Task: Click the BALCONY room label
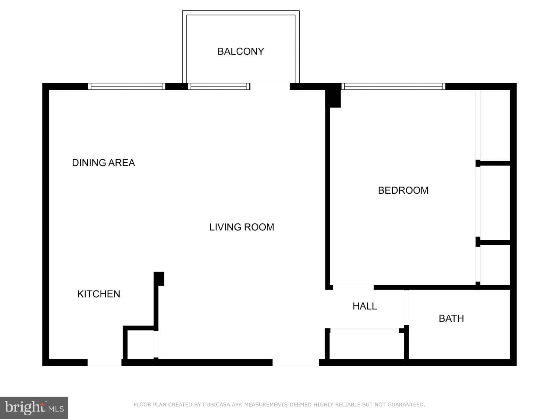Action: pyautogui.click(x=241, y=51)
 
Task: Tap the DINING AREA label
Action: pyautogui.click(x=103, y=163)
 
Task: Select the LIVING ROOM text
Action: pyautogui.click(x=241, y=227)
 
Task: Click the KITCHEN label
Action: pyautogui.click(x=99, y=294)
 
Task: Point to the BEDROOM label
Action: pyautogui.click(x=403, y=190)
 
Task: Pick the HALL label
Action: pyautogui.click(x=365, y=306)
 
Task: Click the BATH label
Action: pyautogui.click(x=451, y=318)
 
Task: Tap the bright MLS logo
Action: pyautogui.click(x=34, y=408)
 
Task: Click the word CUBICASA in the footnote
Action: pyautogui.click(x=217, y=404)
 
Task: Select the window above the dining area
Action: pyautogui.click(x=127, y=86)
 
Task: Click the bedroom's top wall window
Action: pyautogui.click(x=393, y=86)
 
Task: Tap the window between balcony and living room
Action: pyautogui.click(x=219, y=86)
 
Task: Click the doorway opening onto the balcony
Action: pyautogui.click(x=270, y=86)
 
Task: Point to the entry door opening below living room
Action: pyautogui.click(x=296, y=362)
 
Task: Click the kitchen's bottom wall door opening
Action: pyautogui.click(x=104, y=362)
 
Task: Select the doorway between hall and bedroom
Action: pyautogui.click(x=353, y=287)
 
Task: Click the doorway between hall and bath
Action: pyautogui.click(x=406, y=307)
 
